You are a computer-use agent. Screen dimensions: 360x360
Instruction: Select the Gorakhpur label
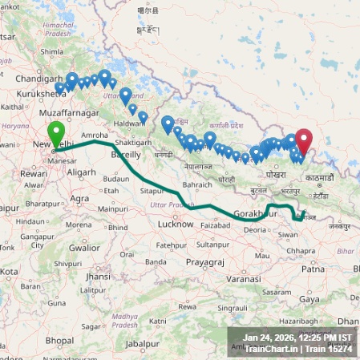255,214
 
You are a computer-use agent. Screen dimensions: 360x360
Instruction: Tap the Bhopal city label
59,340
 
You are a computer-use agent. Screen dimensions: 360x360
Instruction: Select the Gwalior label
84,248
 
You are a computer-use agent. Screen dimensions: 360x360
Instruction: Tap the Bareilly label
126,153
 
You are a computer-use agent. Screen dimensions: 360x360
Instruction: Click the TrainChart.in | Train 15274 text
297,349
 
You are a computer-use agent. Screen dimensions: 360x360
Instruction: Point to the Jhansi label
95,277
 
